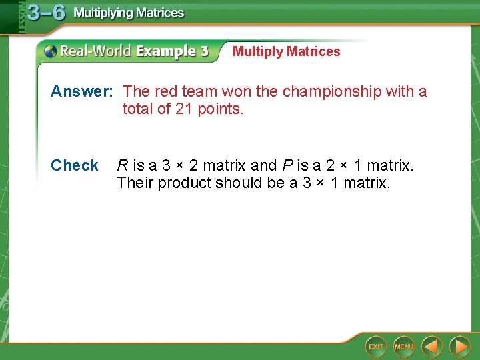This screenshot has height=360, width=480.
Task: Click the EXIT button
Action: pyautogui.click(x=376, y=347)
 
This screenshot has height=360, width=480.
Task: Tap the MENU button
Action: pyautogui.click(x=404, y=347)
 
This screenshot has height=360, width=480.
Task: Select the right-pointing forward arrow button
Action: pyautogui.click(x=459, y=347)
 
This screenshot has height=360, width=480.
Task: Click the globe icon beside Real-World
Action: pyautogui.click(x=51, y=51)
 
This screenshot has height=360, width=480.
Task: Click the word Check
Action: pyautogui.click(x=74, y=165)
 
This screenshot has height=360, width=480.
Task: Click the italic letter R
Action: pyautogui.click(x=122, y=165)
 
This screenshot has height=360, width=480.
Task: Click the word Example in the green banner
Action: pyautogui.click(x=166, y=51)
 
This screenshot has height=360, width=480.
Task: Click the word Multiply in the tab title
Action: pyautogui.click(x=257, y=51)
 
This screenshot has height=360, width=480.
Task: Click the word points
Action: pyautogui.click(x=221, y=109)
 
